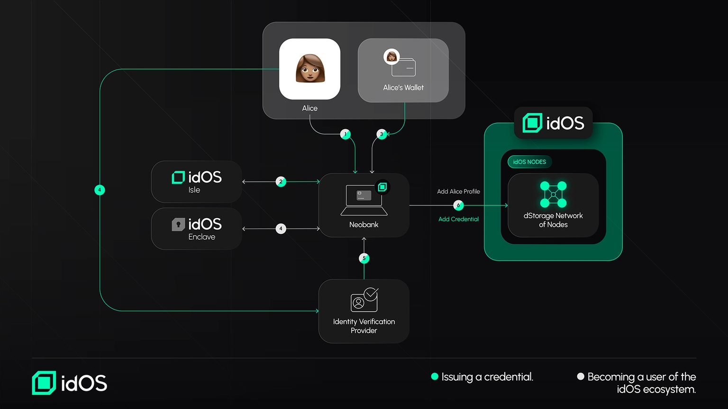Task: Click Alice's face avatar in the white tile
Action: (x=310, y=68)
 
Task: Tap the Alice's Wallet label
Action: (x=403, y=88)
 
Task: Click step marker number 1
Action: (x=346, y=134)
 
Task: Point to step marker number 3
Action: (x=382, y=134)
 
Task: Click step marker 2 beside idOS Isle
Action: (x=281, y=182)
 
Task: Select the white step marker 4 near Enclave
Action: (x=281, y=229)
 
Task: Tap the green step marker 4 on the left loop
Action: (x=100, y=190)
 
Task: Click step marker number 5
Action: (x=364, y=258)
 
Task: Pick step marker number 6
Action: (x=458, y=205)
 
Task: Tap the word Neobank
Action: (x=364, y=225)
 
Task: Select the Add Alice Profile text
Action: (x=458, y=192)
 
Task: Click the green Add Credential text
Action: (x=458, y=219)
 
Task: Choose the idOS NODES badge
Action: (x=529, y=162)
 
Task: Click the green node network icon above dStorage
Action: (x=553, y=195)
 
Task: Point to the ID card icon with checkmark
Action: (x=364, y=300)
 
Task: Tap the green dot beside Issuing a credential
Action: (x=435, y=377)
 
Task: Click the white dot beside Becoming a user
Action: (x=581, y=377)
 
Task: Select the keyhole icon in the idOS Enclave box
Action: (x=178, y=224)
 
